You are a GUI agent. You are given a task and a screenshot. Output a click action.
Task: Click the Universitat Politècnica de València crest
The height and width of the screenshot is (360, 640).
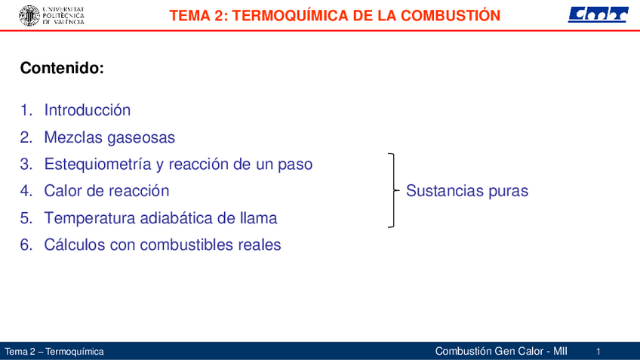(29, 16)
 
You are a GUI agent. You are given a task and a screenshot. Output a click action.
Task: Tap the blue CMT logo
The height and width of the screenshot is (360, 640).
(598, 14)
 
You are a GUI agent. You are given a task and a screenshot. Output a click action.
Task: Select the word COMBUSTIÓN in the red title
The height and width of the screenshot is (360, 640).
(451, 16)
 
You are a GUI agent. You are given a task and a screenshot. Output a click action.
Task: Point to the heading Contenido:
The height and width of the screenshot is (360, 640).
(62, 68)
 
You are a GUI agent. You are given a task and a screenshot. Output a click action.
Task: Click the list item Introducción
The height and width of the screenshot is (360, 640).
(88, 109)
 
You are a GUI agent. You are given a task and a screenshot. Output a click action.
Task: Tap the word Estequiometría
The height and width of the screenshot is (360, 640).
(98, 164)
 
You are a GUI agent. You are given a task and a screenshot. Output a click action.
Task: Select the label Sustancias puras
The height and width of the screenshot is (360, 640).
(467, 191)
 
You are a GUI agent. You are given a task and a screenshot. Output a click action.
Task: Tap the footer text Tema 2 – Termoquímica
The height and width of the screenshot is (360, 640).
(54, 352)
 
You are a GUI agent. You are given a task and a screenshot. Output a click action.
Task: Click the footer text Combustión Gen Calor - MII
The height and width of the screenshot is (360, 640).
(501, 351)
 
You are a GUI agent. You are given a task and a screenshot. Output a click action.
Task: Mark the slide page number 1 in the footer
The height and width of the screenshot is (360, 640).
(598, 352)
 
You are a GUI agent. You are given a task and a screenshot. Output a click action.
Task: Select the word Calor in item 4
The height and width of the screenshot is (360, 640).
(62, 191)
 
